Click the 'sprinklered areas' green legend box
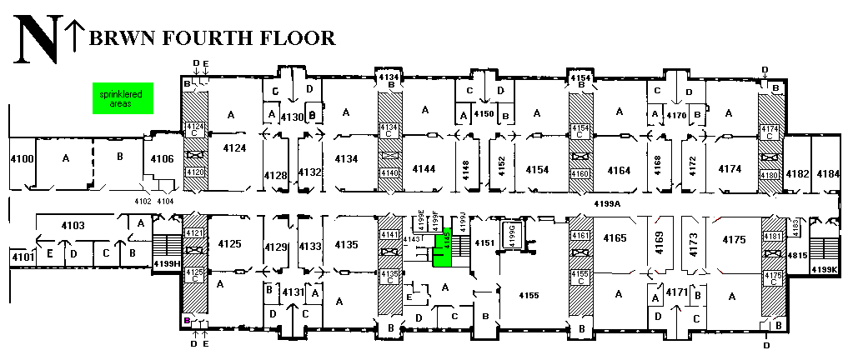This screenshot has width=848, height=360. click(x=116, y=99)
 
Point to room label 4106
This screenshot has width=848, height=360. click(x=162, y=159)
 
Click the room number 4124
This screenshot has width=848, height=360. click(x=234, y=147)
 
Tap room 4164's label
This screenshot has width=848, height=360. click(x=619, y=169)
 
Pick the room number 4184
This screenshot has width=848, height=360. click(x=828, y=173)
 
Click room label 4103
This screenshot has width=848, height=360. click(x=74, y=225)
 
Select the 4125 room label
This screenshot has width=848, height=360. click(x=228, y=244)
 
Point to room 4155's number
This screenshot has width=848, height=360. click(x=529, y=295)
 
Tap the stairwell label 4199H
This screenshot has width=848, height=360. click(x=167, y=264)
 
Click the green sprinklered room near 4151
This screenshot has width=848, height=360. click(x=443, y=248)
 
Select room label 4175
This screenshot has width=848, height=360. click(x=734, y=240)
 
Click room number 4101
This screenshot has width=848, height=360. click(x=22, y=257)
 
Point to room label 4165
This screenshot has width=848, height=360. click(x=614, y=238)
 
